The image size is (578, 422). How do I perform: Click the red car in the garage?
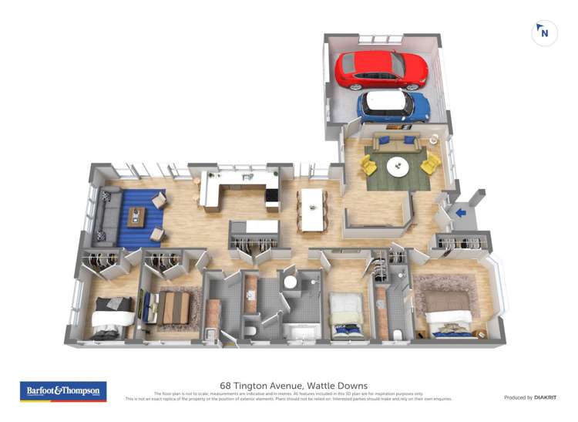(x=381, y=69)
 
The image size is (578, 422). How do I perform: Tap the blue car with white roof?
(x=393, y=106)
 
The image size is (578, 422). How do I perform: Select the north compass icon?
(x=544, y=33)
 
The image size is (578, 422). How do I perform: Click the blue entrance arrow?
(x=461, y=213)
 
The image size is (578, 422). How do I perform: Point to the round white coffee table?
(x=398, y=166)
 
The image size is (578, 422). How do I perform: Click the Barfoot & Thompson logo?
(x=63, y=391)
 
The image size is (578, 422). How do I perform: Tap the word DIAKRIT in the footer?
(x=546, y=397)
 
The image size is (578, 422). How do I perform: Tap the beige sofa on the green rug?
(x=395, y=142)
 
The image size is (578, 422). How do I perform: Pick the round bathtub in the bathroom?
(x=291, y=282)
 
